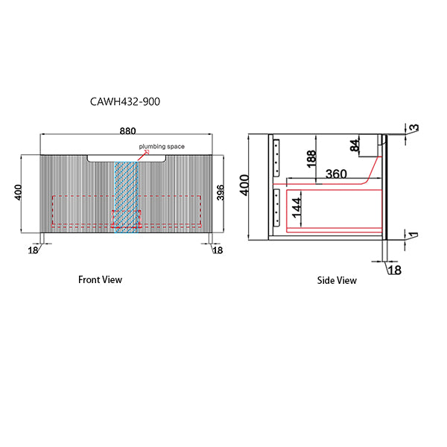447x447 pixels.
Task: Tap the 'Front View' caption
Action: pyautogui.click(x=100, y=280)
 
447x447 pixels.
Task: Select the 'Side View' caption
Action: pyautogui.click(x=337, y=281)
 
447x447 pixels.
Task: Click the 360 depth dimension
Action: pyautogui.click(x=337, y=174)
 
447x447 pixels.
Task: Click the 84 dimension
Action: pyautogui.click(x=355, y=146)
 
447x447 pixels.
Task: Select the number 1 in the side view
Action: pyautogui.click(x=413, y=236)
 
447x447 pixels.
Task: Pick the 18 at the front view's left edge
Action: pyautogui.click(x=33, y=251)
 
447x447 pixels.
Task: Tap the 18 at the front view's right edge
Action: pyautogui.click(x=218, y=251)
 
